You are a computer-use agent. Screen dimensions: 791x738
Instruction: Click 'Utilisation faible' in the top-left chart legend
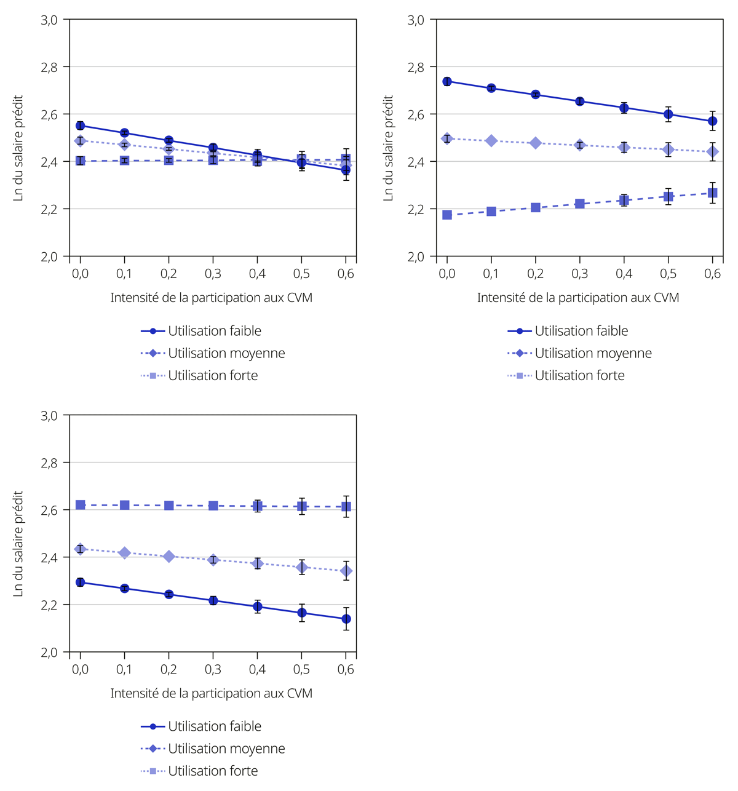point(214,331)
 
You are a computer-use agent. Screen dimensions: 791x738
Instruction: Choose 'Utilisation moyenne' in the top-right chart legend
point(593,353)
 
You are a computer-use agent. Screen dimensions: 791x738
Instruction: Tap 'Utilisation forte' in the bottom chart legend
point(213,771)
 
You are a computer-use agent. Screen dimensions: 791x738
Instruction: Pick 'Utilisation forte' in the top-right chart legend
point(579,375)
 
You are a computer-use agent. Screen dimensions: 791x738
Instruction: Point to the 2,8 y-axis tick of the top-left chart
point(49,67)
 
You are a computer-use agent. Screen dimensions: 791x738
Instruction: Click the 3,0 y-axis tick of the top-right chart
point(416,20)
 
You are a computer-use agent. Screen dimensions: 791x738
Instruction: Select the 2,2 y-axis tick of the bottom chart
point(49,605)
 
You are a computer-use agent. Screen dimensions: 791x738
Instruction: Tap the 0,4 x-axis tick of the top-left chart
point(257,274)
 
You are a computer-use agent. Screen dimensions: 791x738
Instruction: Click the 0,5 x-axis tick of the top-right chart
point(668,274)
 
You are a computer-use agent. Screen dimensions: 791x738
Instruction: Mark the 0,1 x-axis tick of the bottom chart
point(124,669)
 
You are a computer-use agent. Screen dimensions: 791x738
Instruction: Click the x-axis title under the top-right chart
point(578,298)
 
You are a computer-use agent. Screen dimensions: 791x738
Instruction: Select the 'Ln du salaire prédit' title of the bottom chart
point(18,543)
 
